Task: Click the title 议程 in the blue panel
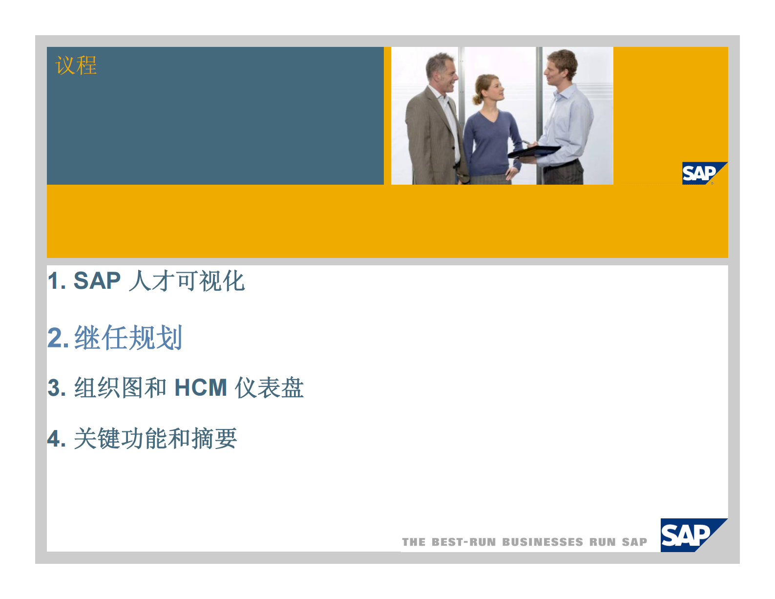point(76,65)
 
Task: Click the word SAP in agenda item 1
point(97,281)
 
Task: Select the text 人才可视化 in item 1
point(187,281)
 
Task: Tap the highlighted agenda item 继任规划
point(128,338)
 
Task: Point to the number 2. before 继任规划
point(58,338)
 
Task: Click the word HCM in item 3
point(201,388)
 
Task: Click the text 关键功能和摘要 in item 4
point(155,438)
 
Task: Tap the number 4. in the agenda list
point(57,439)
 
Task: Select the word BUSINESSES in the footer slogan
point(543,542)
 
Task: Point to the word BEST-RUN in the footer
point(464,542)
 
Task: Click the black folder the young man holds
point(534,151)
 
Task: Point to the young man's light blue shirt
point(569,122)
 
